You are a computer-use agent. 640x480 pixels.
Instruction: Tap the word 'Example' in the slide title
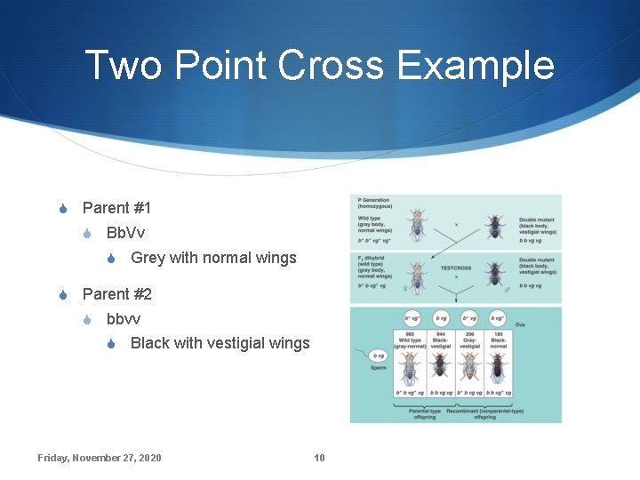pyautogui.click(x=484, y=66)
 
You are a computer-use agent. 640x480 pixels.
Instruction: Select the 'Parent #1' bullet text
pyautogui.click(x=116, y=208)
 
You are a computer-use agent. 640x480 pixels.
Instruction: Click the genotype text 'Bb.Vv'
pyautogui.click(x=125, y=233)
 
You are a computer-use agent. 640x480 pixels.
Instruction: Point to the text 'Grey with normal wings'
pyautogui.click(x=213, y=258)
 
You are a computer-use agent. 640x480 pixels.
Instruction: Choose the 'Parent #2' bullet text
pyautogui.click(x=116, y=293)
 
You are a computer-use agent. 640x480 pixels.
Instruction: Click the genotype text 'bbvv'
pyautogui.click(x=124, y=318)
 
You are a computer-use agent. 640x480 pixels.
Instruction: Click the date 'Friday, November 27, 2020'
pyautogui.click(x=100, y=458)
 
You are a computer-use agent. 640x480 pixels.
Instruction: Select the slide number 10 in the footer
pyautogui.click(x=319, y=458)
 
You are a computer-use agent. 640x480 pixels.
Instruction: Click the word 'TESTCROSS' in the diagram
pyautogui.click(x=456, y=266)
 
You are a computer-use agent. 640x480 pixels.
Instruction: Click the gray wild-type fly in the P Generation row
pyautogui.click(x=416, y=224)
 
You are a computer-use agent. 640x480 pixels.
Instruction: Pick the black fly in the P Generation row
pyautogui.click(x=494, y=226)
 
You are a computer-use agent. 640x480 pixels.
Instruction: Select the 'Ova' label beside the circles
pyautogui.click(x=520, y=325)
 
